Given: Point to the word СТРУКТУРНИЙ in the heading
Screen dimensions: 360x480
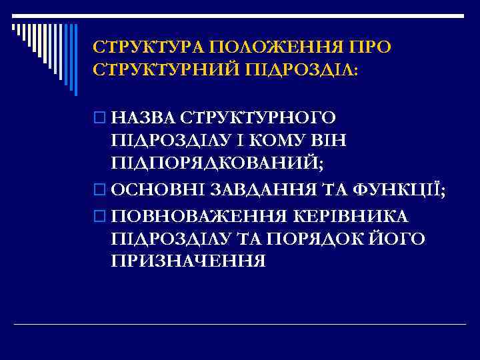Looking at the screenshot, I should [166, 69].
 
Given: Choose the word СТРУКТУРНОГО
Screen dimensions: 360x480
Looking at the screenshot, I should [257, 119].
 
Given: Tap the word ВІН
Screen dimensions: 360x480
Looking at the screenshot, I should [327, 141].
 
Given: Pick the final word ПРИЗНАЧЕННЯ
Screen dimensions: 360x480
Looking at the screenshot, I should [189, 261].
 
